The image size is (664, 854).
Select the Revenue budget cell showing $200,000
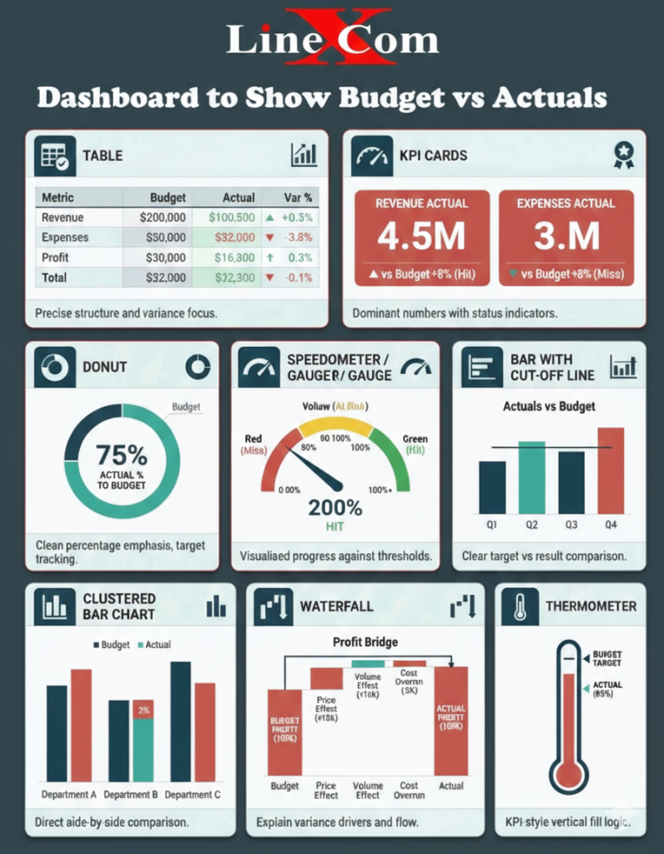pos(163,218)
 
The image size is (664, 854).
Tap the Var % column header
pos(297,198)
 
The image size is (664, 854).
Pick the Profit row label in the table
pos(56,258)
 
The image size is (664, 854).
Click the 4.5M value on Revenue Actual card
pos(421,238)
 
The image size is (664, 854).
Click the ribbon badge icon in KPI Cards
pos(623,154)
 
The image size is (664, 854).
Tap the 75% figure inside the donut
pos(122,455)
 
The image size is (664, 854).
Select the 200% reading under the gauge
pos(335,507)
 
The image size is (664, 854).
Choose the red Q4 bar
pos(610,470)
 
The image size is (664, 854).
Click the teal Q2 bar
pos(531,477)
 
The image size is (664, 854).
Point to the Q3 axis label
pos(571,525)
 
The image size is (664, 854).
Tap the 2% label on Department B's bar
pos(143,711)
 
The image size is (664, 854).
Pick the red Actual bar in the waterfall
pos(450,721)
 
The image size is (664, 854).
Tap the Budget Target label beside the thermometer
pos(607,658)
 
